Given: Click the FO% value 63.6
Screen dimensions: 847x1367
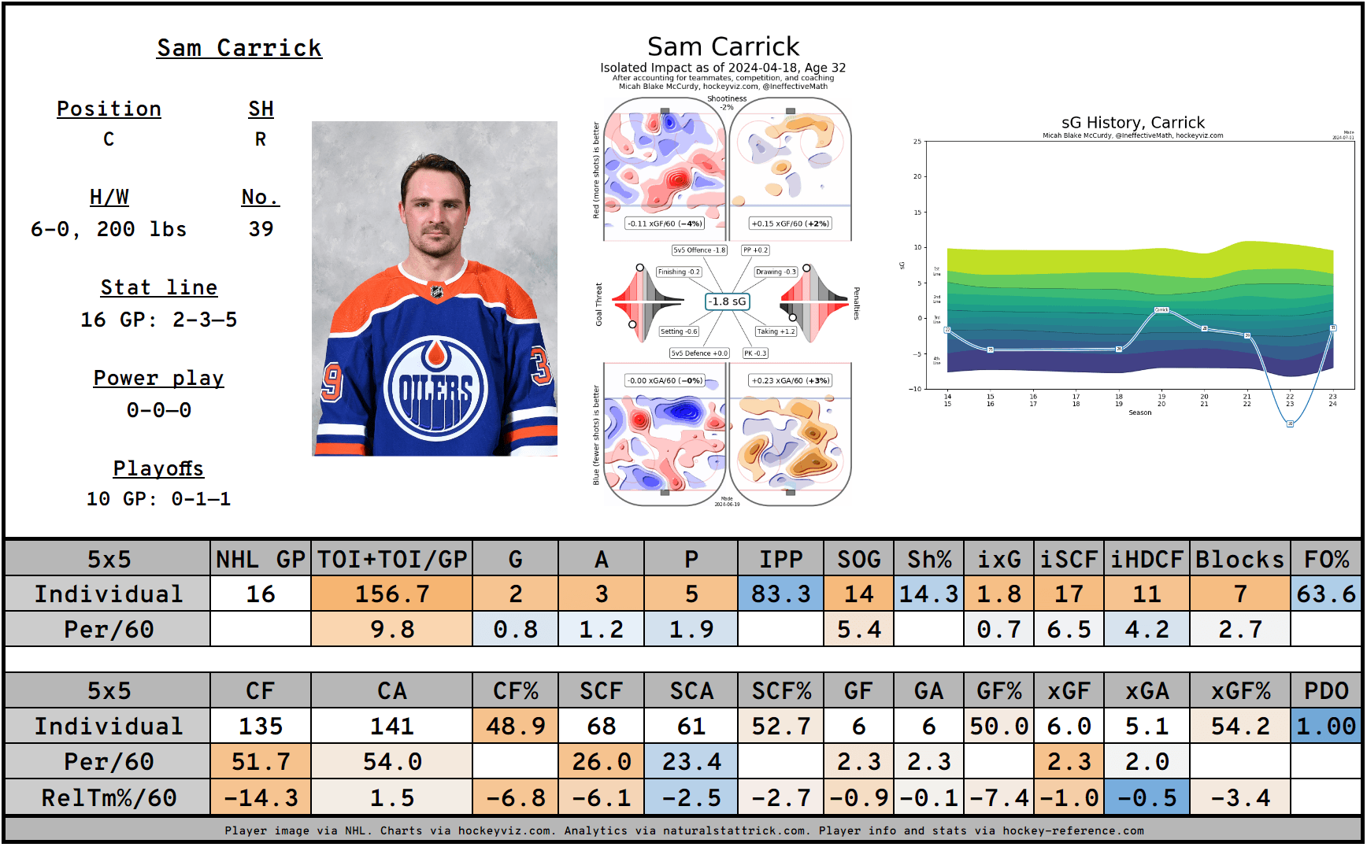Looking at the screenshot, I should click(x=1326, y=594).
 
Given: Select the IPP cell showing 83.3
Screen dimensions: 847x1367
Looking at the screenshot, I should click(x=780, y=594).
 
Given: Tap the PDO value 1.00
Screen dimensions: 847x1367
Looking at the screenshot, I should click(x=1326, y=726).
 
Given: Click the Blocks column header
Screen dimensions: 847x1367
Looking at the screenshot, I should click(x=1239, y=559).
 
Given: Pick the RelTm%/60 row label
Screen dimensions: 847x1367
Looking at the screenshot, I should click(x=108, y=797).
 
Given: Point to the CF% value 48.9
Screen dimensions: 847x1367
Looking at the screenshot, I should click(x=515, y=726).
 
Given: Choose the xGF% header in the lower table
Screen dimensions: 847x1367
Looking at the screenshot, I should click(x=1239, y=690).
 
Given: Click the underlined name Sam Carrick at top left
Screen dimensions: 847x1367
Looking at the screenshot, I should click(x=239, y=48).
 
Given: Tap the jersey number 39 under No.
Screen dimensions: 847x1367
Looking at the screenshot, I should click(x=261, y=229).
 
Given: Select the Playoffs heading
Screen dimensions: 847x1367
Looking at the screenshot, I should click(x=158, y=468).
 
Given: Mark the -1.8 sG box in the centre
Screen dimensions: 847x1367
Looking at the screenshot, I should click(x=726, y=301).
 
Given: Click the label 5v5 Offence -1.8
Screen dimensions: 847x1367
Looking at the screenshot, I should click(x=699, y=250).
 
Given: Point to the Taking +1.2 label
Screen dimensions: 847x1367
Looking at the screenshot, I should click(x=776, y=331).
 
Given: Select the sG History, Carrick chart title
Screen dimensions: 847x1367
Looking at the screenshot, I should click(x=1132, y=122).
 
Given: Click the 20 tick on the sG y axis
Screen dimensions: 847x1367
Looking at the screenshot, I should click(x=917, y=176).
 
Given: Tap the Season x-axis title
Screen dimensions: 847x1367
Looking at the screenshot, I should click(x=1139, y=412).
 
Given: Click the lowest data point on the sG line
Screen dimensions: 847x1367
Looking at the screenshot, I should click(x=1290, y=423).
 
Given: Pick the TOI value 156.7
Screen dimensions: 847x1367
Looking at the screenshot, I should click(x=392, y=594).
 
